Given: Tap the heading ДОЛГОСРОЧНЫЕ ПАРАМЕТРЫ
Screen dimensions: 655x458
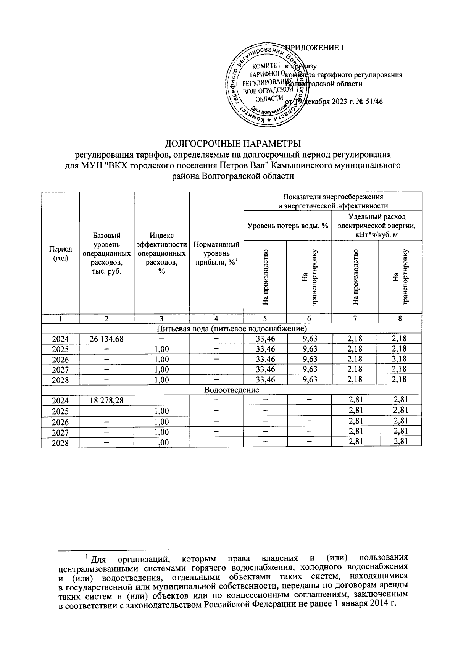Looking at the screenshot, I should [x=232, y=144].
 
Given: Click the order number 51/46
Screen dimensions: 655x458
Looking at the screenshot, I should [x=374, y=102].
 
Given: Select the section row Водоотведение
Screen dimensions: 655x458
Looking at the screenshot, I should [x=231, y=390].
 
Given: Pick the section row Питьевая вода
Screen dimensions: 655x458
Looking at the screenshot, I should [x=231, y=328].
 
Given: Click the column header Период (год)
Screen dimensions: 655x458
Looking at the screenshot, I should [x=60, y=253].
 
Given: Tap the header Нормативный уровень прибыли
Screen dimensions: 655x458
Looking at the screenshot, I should [x=216, y=253].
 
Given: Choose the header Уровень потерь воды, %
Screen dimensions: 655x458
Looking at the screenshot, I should [x=288, y=226].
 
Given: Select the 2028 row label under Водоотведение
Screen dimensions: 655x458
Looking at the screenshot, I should [x=60, y=443].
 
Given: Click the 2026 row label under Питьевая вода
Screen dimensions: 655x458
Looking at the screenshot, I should [x=60, y=359].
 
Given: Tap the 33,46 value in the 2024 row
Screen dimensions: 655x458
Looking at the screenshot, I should [x=265, y=338].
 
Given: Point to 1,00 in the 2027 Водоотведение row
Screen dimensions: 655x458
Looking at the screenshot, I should [x=161, y=432].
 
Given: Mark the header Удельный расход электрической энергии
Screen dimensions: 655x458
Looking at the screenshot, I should [x=376, y=226].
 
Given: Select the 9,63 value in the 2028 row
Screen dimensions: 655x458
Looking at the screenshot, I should [x=310, y=379].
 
